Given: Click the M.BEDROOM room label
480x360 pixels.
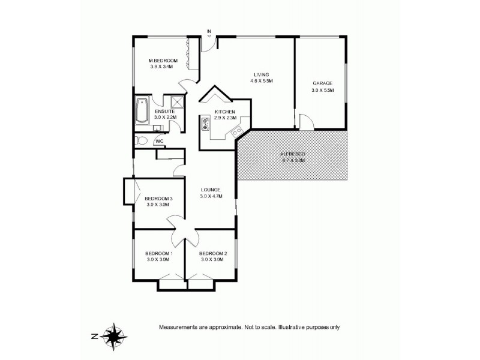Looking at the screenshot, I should pos(164,61).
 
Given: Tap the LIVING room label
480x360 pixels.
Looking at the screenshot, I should pos(261,74).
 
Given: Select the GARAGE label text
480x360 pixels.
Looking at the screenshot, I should pos(322,83).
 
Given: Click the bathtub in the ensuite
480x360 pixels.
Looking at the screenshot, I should pos(143,110).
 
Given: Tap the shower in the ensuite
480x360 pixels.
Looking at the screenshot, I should pos(177,102).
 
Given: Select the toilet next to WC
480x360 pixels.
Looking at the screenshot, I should pos(141,141).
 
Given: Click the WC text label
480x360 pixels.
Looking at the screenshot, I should pos(159,142).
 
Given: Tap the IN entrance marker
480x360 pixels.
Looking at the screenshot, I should pos(209,31).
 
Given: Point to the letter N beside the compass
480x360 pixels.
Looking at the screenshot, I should pos(94,336).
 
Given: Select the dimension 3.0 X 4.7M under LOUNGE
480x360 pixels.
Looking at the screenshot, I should pos(211,196).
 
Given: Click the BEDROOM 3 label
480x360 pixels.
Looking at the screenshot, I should pos(159,199).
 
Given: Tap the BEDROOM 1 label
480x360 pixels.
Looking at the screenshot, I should pos(159,253).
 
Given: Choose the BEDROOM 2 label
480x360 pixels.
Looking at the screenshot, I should pos(213,253).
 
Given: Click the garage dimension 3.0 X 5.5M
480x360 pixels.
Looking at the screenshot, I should pos(322,90).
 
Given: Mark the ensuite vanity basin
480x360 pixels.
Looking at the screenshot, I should pos(157,128).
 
